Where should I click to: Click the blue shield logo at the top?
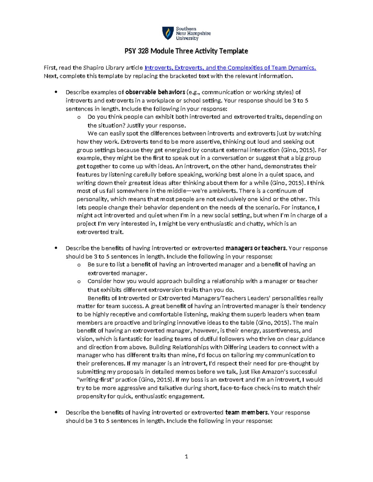pos(168,33)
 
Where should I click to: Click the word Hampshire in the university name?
pos(198,33)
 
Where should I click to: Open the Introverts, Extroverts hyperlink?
pos(230,68)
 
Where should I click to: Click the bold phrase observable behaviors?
pos(155,92)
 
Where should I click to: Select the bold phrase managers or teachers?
pos(256,248)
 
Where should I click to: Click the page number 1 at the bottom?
pos(186,457)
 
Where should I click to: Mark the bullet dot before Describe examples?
pos(56,92)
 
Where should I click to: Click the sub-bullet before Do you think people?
pos(79,117)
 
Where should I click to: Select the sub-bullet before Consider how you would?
pos(79,282)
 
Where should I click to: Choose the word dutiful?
pos(209,339)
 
